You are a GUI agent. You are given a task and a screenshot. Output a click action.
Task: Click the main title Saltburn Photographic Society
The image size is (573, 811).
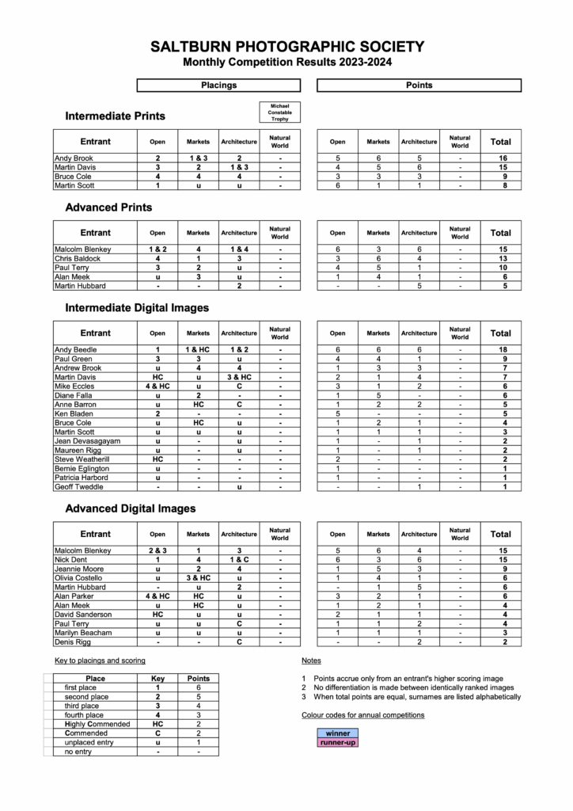click(286, 48)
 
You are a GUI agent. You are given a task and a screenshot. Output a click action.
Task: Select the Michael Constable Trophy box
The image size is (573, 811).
click(280, 112)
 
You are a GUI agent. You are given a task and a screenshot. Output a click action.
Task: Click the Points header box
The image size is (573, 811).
click(419, 85)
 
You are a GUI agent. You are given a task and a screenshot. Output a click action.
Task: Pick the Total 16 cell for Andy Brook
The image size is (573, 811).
click(500, 158)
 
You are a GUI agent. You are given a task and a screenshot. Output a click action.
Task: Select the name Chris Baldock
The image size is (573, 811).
click(78, 258)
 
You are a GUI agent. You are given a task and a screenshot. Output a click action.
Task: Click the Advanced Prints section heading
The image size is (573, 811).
click(109, 208)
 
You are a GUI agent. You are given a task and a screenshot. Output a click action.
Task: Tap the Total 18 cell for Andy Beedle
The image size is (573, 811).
click(500, 349)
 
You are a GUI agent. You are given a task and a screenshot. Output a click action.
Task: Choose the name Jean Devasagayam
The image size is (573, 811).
click(87, 440)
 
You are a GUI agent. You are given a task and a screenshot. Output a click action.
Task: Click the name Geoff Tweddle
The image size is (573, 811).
click(79, 486)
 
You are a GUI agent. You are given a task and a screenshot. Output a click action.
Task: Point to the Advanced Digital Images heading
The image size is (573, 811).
click(131, 508)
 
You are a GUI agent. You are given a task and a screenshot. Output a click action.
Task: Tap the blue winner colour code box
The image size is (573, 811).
click(337, 733)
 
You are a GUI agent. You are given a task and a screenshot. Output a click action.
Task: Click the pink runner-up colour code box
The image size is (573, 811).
click(337, 742)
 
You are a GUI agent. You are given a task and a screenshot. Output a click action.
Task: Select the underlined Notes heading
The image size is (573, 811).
click(311, 660)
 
